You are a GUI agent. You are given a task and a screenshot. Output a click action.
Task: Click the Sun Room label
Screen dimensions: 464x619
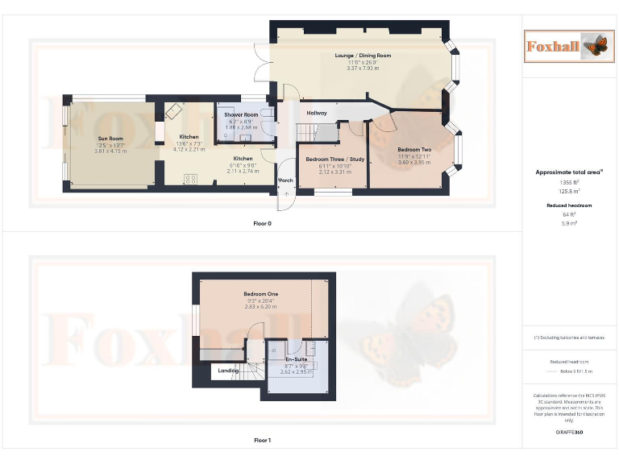point(105,139)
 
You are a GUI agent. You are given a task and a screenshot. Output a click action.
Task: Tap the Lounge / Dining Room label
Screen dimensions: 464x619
point(363,56)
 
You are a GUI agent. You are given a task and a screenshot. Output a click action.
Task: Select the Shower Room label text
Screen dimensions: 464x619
point(240,115)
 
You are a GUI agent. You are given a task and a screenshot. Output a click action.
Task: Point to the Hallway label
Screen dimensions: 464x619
point(317,113)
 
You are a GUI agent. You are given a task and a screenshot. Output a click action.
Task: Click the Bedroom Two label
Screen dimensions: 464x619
point(414,150)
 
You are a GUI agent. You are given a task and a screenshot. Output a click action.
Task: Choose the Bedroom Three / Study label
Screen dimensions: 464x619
point(334,159)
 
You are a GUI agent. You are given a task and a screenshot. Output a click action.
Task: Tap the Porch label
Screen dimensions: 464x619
point(285,180)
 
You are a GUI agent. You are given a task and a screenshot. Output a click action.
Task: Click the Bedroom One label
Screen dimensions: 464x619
point(261,294)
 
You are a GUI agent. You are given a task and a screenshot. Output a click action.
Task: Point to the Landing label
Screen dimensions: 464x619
point(227,371)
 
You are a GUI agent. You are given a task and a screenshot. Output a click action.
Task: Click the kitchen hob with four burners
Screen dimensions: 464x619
point(192,180)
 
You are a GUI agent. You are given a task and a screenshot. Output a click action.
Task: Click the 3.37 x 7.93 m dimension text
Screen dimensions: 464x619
point(363,68)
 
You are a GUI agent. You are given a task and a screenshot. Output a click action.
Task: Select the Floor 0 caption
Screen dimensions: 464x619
point(263,223)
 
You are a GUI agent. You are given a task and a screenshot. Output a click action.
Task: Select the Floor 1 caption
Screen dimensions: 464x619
point(263,441)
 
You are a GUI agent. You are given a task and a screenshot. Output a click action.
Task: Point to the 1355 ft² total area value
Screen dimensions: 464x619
point(569,183)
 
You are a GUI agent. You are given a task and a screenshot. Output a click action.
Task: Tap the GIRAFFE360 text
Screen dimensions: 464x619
point(569,433)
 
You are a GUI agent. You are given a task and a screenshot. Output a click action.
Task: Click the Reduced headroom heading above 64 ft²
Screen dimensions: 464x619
point(569,205)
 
